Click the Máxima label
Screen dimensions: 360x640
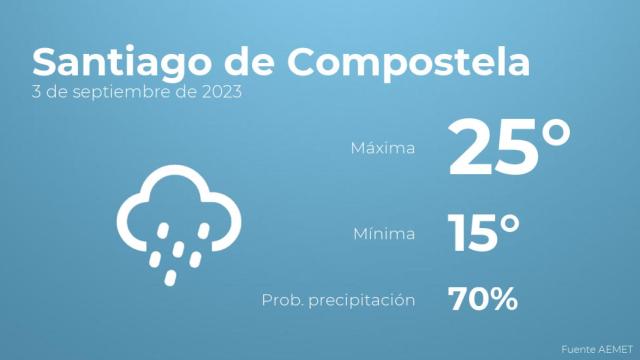tap(383, 149)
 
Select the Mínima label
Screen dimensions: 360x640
tap(386, 235)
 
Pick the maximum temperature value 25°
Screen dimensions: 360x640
tap(509, 146)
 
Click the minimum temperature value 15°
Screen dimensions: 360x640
tap(484, 233)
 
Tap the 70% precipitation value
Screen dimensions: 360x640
tap(483, 298)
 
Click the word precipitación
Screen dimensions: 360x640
tap(365, 300)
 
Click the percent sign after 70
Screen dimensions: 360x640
tap(502, 298)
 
